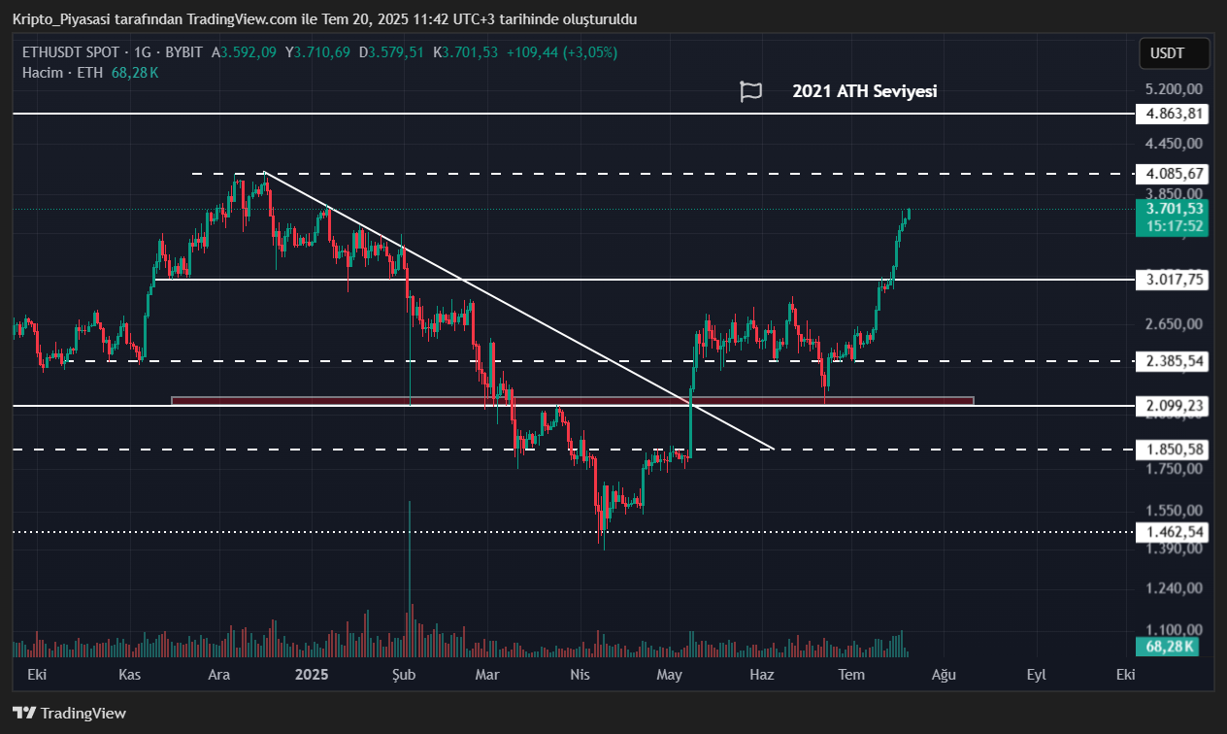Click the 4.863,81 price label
tap(1175, 114)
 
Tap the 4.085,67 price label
tap(1175, 174)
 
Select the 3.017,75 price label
tap(1175, 280)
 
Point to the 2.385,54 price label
tap(1175, 361)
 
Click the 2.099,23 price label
tap(1175, 406)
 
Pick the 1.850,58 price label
tap(1175, 450)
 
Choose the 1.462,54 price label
tap(1175, 532)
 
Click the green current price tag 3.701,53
tap(1175, 208)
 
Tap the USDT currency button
tap(1174, 54)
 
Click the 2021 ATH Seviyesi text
tap(864, 91)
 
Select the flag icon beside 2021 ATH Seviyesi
tap(750, 91)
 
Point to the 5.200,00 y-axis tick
tap(1175, 89)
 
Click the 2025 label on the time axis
tap(313, 674)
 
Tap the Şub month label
tap(403, 674)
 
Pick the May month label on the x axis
tap(670, 674)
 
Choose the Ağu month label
tap(943, 674)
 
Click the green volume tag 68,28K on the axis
tap(1169, 646)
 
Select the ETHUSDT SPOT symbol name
tap(70, 52)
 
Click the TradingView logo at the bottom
tap(70, 714)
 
